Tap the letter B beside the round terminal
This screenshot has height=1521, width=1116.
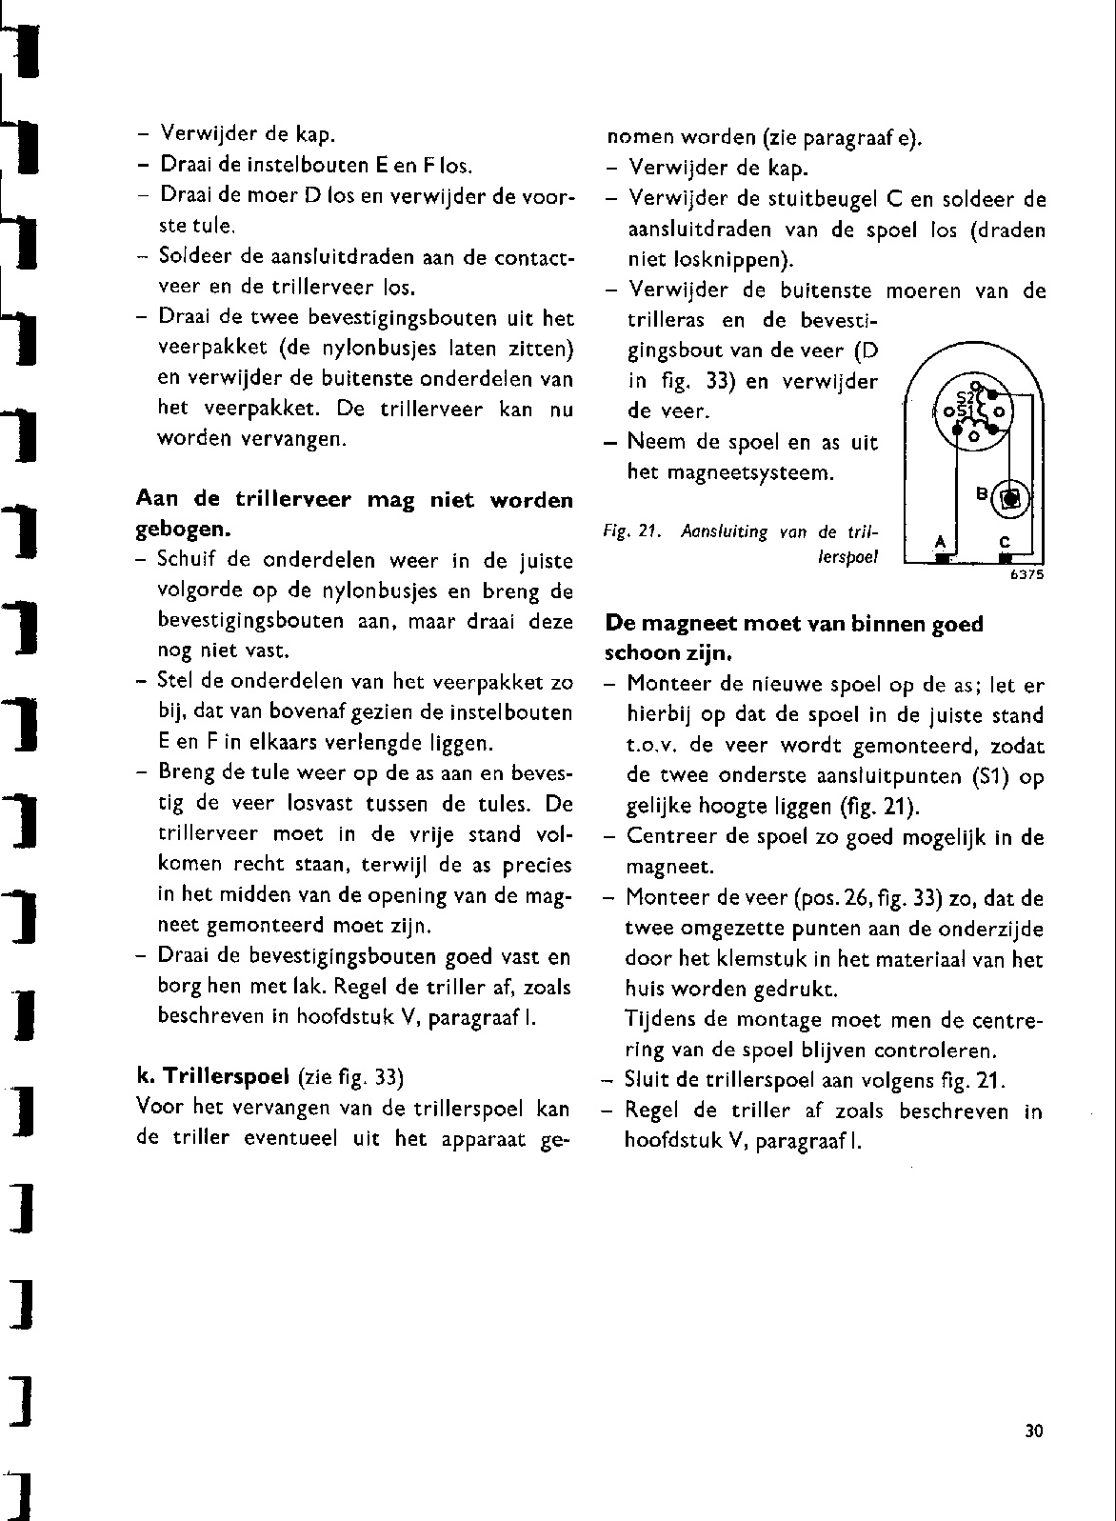click(982, 493)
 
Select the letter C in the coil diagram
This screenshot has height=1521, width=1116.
click(1005, 542)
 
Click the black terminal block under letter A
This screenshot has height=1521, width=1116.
click(941, 560)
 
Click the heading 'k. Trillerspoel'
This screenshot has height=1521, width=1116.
click(213, 1077)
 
